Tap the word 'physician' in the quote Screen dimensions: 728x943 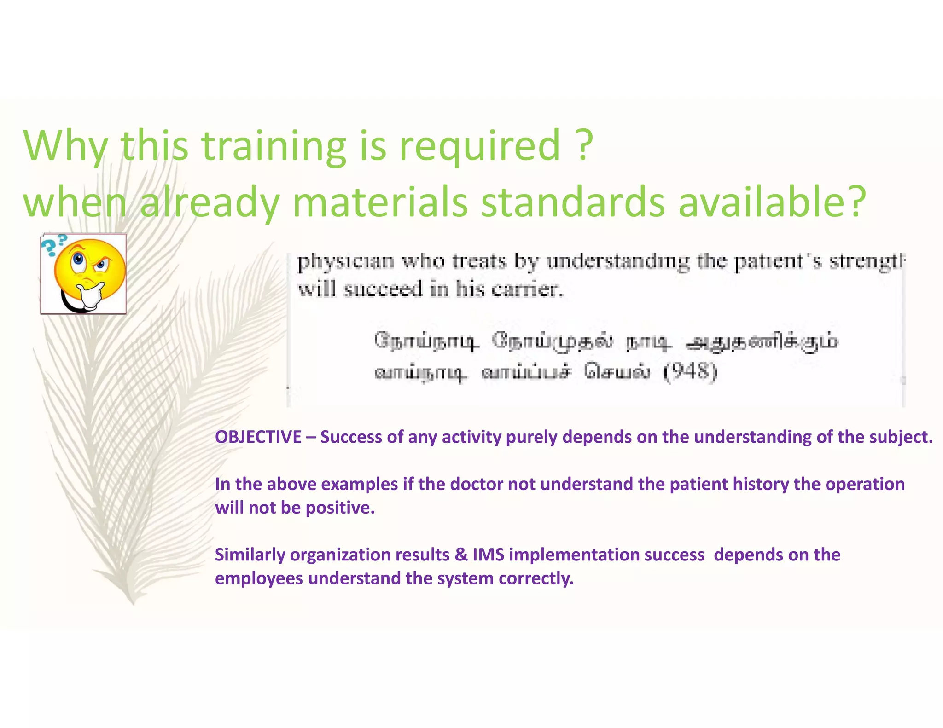[346, 262]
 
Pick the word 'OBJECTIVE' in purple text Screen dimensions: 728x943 [258, 437]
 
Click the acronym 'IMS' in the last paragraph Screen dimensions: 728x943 [488, 555]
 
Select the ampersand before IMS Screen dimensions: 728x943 [461, 555]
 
